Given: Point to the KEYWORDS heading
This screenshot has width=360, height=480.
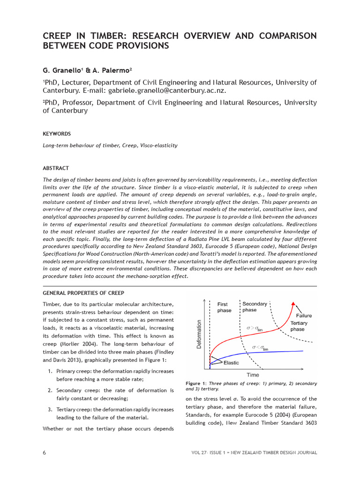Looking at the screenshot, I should [57, 134].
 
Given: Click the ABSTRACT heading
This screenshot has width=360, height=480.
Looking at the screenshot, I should [56, 168].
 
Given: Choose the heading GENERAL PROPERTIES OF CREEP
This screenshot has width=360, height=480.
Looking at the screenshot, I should [83, 293].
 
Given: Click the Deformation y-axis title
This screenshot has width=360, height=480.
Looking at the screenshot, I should [199, 334].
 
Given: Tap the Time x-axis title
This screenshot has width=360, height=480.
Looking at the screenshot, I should [253, 375].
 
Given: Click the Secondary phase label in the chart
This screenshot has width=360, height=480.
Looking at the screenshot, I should [255, 307].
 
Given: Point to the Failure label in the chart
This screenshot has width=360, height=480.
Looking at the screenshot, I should [303, 315].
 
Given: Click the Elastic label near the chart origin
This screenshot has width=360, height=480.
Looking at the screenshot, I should [231, 362].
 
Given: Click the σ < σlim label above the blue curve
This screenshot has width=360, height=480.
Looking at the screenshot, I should [260, 347].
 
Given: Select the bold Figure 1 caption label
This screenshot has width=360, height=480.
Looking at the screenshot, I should [197, 383].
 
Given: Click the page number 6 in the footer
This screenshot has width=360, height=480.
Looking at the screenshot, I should [44, 452].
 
